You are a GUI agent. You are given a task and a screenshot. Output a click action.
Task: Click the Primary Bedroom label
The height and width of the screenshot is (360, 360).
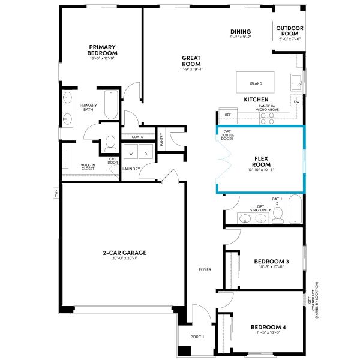point(102,50)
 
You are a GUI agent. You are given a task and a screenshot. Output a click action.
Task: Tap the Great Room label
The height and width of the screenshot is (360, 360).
point(191,61)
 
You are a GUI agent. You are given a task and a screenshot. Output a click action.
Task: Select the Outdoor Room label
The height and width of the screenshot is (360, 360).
point(290,31)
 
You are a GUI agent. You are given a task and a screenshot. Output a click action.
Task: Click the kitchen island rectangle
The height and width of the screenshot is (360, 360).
point(256,80)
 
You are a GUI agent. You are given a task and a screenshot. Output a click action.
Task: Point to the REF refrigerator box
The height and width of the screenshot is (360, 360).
point(227,114)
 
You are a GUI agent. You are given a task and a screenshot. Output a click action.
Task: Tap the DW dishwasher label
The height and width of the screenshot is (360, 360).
point(296,102)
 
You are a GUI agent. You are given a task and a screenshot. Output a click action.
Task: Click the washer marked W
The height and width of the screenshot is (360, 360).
point(130,154)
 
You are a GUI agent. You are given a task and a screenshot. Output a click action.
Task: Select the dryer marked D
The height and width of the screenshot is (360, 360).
point(145,154)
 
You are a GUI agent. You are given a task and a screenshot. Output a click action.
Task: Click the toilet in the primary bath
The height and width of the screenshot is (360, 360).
point(110,143)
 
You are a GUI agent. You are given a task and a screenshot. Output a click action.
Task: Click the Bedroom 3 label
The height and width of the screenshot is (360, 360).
point(271,262)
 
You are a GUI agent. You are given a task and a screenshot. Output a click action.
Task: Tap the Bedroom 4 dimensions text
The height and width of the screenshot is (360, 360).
point(268,332)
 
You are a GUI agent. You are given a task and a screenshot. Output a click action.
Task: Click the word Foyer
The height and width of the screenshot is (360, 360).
point(205,269)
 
